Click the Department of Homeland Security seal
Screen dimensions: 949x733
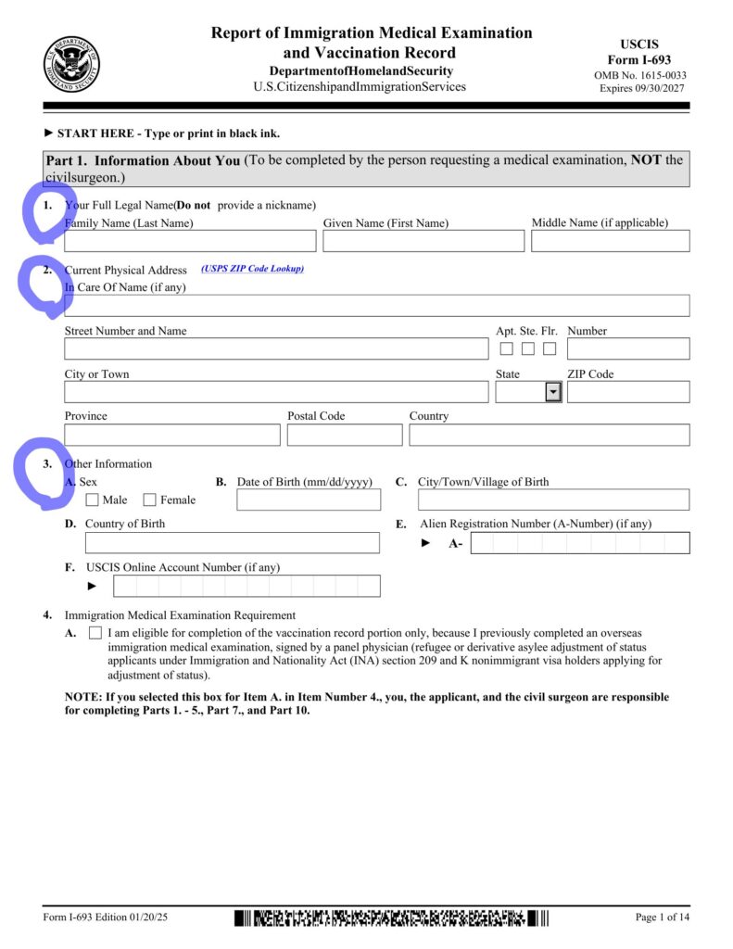coord(72,65)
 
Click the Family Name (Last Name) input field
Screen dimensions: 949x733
coord(190,241)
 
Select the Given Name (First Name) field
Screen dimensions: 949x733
coord(423,241)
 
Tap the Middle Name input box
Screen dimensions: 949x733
coord(611,241)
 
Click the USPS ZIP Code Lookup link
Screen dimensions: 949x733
coord(252,269)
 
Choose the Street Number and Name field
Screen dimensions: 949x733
coord(276,348)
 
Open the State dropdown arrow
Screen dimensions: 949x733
coord(553,392)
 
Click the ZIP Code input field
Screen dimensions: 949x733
coord(628,392)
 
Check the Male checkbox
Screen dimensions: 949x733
coord(92,500)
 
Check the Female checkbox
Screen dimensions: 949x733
coord(150,500)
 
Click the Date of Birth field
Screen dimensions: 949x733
coord(309,500)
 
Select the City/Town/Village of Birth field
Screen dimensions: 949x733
coord(554,500)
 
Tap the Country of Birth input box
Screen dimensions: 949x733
coord(232,542)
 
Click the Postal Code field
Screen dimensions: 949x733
coord(345,435)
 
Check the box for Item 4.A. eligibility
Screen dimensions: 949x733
coord(95,633)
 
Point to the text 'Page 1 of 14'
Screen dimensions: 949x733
coord(663,917)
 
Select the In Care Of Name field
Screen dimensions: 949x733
coord(377,306)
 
